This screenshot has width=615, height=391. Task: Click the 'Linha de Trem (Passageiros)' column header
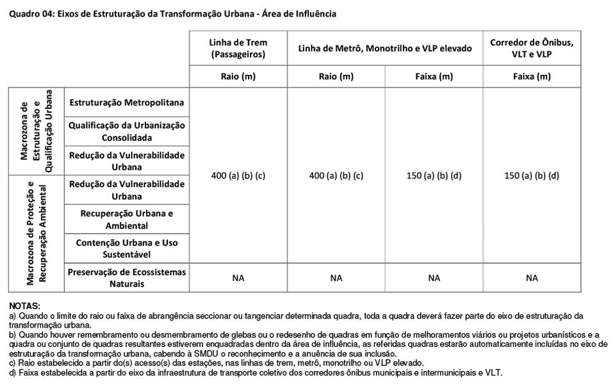238,49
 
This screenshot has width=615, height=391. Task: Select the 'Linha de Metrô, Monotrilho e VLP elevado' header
385,49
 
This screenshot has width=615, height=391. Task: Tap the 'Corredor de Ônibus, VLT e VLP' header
532,49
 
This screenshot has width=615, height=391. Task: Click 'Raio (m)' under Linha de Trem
238,77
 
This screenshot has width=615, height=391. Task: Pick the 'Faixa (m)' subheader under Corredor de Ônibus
532,77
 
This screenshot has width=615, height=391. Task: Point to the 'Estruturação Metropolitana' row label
127,102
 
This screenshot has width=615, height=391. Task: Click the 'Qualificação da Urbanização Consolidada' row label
127,131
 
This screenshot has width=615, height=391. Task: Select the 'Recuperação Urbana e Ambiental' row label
127,219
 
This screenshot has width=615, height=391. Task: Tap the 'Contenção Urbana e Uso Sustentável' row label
127,248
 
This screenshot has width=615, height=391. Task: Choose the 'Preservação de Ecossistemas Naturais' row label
127,278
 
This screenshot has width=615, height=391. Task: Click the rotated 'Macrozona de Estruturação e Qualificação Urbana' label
36,131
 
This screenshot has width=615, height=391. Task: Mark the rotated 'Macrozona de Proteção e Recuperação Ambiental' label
36,234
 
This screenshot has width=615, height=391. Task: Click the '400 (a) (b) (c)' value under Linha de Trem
238,175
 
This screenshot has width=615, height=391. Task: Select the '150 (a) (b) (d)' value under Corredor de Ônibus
532,175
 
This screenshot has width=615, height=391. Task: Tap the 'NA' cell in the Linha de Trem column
238,278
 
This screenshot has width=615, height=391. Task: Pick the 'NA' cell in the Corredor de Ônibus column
532,278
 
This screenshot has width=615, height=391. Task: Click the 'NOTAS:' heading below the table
25,307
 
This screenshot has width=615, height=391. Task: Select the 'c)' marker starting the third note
13,363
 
